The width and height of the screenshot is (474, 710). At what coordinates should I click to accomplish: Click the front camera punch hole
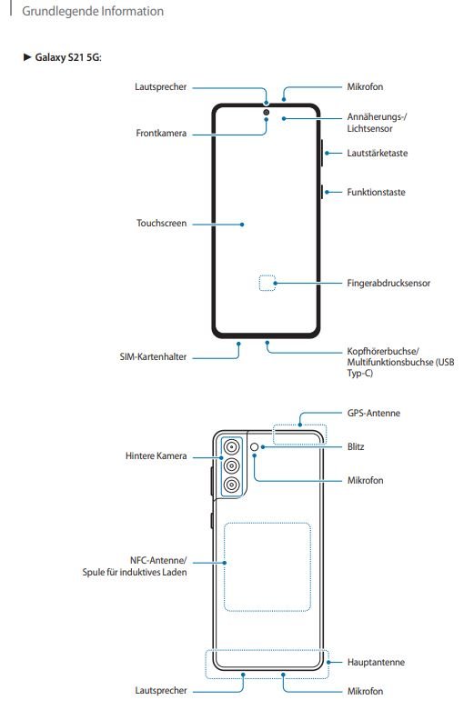tap(266, 112)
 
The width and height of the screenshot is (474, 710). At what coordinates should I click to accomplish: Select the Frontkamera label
tap(161, 133)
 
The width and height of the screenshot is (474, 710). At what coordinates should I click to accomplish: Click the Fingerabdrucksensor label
tap(388, 283)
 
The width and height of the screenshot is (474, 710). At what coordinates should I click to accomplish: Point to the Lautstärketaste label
tap(377, 153)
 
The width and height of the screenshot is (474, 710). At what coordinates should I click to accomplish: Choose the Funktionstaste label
tap(376, 192)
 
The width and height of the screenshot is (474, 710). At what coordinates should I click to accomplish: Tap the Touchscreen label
tap(161, 224)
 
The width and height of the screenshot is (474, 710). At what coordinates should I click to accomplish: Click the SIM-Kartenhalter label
tap(153, 356)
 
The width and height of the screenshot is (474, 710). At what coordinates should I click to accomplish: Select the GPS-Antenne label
tap(373, 413)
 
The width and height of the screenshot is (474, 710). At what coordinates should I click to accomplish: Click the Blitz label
tap(356, 446)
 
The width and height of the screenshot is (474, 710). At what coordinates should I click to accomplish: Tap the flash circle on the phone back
tap(254, 447)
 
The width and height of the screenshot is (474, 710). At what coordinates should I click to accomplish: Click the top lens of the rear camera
tap(232, 447)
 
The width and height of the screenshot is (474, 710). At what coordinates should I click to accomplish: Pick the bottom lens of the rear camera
tap(232, 485)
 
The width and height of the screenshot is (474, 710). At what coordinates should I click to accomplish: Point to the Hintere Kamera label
tap(156, 456)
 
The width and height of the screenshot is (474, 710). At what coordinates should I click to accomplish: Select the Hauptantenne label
tap(376, 662)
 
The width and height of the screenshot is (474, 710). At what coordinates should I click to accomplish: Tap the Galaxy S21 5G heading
tap(68, 57)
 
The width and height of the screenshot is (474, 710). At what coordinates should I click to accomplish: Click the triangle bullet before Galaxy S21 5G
tap(27, 57)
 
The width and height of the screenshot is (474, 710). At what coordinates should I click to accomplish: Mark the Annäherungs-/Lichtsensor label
tap(377, 123)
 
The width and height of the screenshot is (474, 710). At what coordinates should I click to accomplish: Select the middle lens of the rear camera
tap(232, 466)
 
